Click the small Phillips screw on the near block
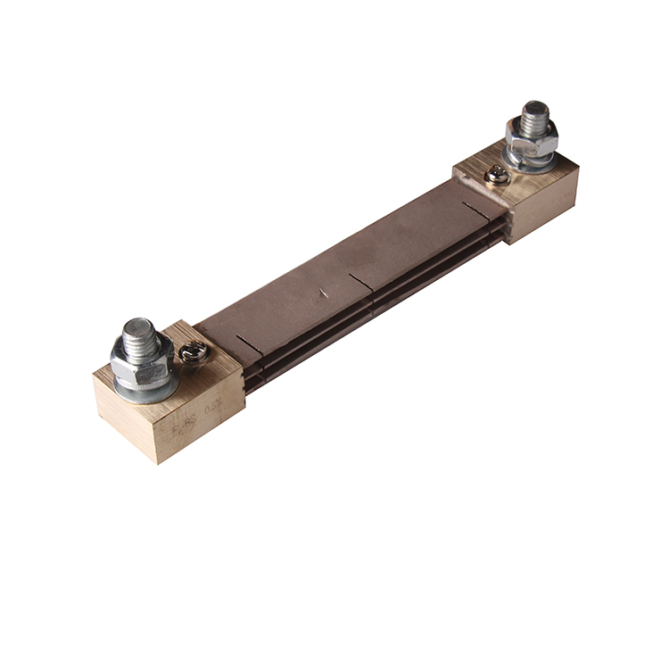pyautogui.click(x=194, y=354)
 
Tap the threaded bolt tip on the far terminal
pyautogui.click(x=535, y=114)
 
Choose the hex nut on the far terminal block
pyautogui.click(x=532, y=138)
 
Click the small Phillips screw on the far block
pyautogui.click(x=498, y=175)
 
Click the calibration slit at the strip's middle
pyautogui.click(x=361, y=282)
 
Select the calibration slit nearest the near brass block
pyautogui.click(x=249, y=343)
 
